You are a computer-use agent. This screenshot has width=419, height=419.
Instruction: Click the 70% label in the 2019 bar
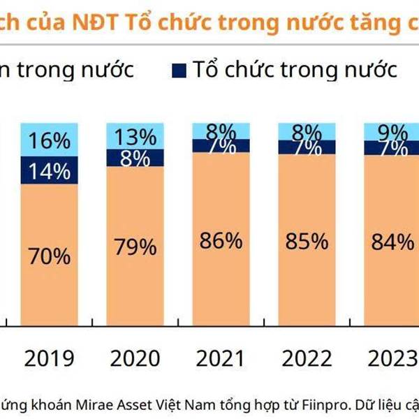[x=50, y=256]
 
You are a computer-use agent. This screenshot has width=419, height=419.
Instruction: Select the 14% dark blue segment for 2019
[x=50, y=171]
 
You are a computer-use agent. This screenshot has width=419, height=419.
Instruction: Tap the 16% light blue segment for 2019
[x=50, y=141]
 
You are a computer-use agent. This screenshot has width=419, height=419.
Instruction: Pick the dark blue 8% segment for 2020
[x=135, y=158]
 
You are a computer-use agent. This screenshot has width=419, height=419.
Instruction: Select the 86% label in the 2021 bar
[x=220, y=242]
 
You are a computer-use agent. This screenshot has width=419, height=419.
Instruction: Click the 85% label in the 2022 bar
[x=306, y=242]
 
